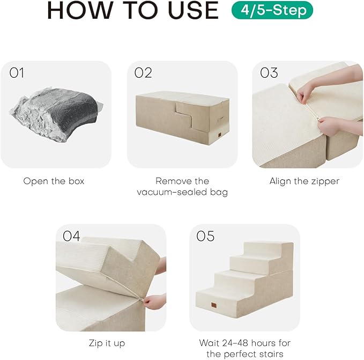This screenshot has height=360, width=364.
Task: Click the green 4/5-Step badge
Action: tap(272, 10)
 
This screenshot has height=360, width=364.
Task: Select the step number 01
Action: tap(17, 73)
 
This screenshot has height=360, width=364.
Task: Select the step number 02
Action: tap(143, 73)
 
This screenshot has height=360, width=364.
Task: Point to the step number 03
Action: tap(269, 73)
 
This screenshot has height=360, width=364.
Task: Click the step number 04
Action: tap(72, 236)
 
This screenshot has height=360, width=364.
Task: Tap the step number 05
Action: tap(206, 236)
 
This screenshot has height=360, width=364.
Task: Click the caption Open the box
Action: tap(54, 181)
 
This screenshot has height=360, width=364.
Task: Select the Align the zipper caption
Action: tap(304, 181)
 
